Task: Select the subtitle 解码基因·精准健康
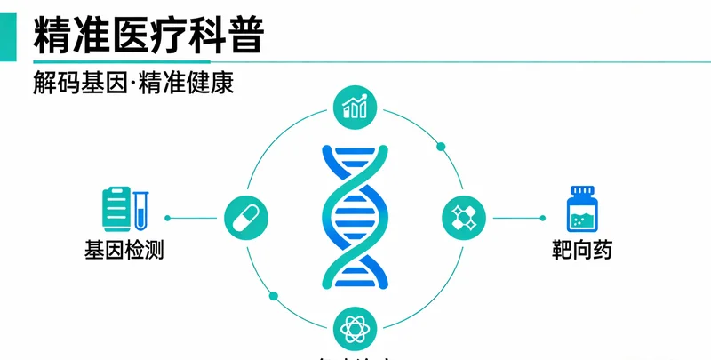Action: [x=133, y=84]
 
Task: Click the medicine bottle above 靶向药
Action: [x=581, y=212]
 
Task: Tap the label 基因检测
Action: [x=124, y=250]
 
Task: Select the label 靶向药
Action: [x=582, y=250]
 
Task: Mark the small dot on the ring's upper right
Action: [x=439, y=145]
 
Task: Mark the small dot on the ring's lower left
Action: [x=273, y=294]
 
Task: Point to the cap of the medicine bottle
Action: [x=582, y=191]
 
